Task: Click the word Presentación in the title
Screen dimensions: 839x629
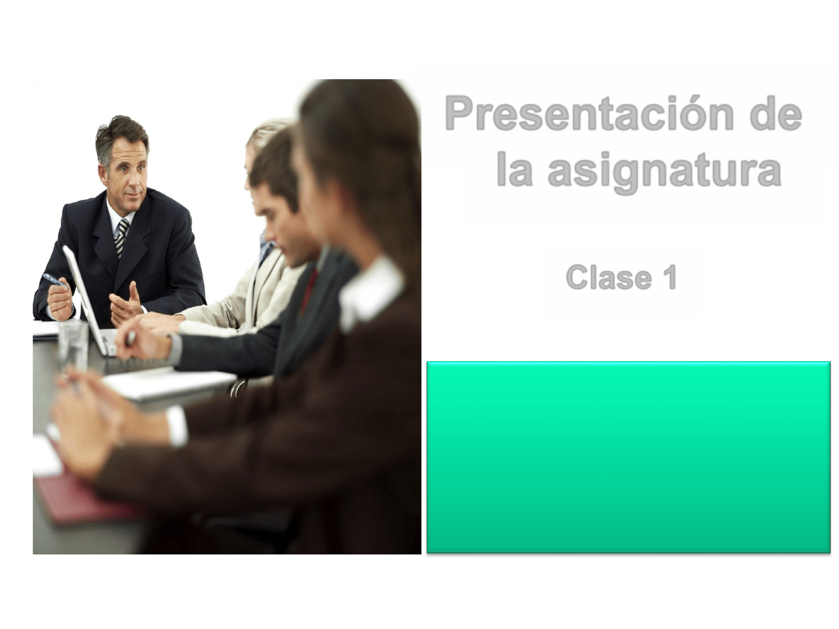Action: click(588, 114)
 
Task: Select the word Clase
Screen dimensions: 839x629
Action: click(608, 277)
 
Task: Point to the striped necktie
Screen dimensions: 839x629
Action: click(122, 237)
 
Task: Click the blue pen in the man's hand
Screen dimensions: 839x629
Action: click(54, 281)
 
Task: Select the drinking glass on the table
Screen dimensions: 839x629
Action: click(73, 346)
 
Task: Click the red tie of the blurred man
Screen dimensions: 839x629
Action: click(308, 290)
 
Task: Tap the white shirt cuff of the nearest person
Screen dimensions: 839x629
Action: click(177, 426)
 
